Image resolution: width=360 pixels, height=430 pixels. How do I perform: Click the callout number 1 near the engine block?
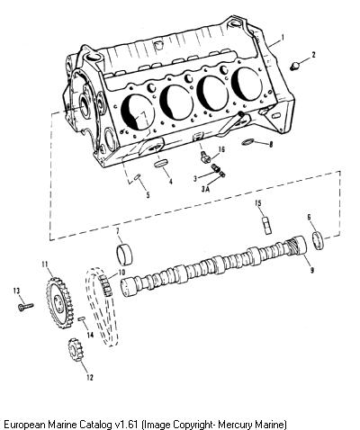(x=283, y=38)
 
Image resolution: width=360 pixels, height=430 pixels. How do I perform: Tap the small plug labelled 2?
(x=295, y=66)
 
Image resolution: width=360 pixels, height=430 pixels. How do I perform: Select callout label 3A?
(x=205, y=189)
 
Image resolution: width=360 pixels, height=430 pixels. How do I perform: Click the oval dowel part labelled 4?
(x=160, y=164)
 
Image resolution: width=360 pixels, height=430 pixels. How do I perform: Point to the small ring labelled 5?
(x=137, y=177)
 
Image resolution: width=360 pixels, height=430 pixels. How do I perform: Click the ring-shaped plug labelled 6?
(x=319, y=240)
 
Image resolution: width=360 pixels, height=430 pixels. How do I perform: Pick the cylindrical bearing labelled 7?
(x=124, y=255)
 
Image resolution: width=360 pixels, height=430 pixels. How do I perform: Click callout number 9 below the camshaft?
(x=311, y=270)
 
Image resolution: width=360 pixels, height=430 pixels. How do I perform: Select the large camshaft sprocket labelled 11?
(x=60, y=303)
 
